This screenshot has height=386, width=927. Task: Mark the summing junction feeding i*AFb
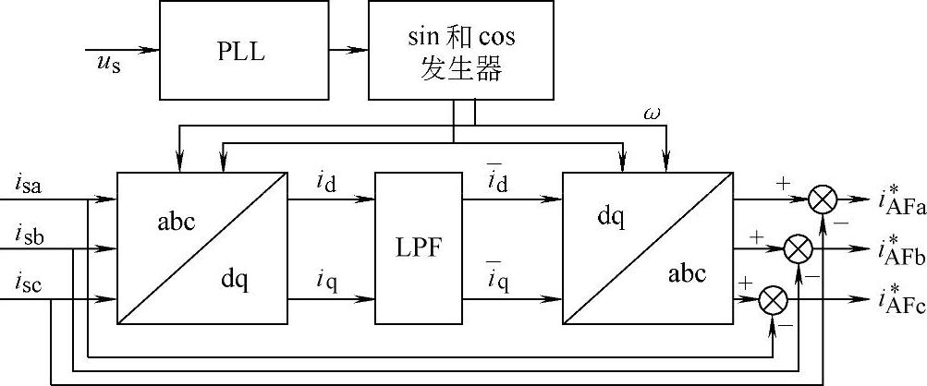(x=797, y=249)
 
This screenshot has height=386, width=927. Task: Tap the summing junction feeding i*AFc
(x=771, y=300)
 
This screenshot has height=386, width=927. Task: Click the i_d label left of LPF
(x=325, y=181)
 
